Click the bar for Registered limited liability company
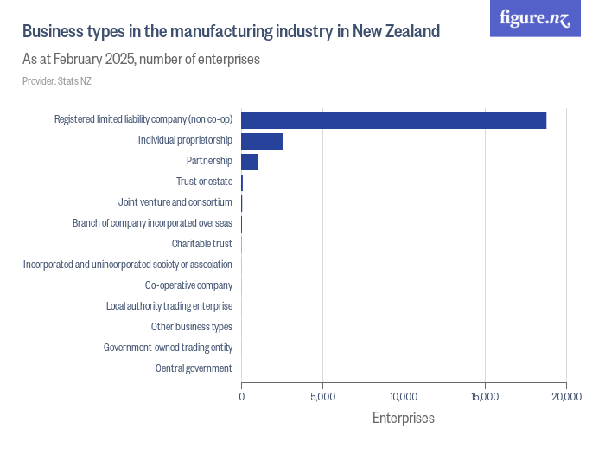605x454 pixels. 393,120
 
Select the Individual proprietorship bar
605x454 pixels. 262,141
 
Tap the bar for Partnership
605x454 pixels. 250,162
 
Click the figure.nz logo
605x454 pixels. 535,18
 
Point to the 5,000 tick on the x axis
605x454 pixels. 322,396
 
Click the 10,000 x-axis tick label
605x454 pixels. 404,396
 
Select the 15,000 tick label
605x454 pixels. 485,396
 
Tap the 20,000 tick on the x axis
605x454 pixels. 566,396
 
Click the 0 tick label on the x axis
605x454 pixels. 241,396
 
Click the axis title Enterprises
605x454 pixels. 404,419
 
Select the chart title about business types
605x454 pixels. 231,32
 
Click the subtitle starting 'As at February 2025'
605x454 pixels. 141,60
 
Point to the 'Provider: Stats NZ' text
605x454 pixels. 56,81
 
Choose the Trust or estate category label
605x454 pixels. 204,182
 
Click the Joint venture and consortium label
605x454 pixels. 175,202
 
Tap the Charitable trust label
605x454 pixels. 201,244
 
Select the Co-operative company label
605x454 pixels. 188,285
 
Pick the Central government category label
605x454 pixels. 194,368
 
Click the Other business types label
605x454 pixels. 191,327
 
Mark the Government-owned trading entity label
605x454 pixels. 168,348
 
